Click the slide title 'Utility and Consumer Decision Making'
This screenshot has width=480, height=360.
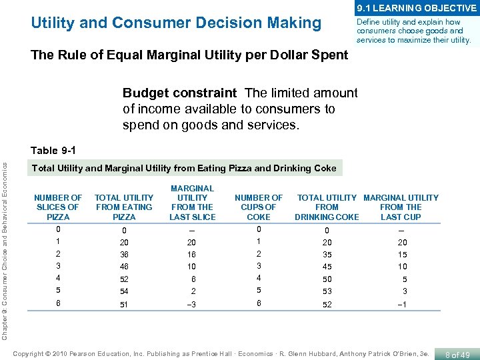click(176, 23)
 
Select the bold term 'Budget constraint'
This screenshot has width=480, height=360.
click(179, 93)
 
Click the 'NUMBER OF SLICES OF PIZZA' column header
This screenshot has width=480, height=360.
click(58, 207)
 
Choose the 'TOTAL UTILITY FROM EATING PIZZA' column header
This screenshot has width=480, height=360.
click(124, 207)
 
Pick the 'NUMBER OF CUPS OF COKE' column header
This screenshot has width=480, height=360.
click(259, 207)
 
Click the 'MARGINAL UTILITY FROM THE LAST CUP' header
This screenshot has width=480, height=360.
click(401, 207)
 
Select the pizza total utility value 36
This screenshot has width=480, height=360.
click(124, 255)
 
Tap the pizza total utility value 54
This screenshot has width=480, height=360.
click(124, 291)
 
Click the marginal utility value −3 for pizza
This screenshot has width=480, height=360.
click(192, 305)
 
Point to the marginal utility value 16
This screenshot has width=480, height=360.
click(192, 255)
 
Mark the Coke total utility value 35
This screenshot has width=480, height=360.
click(327, 255)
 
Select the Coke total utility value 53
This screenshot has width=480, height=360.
click(327, 291)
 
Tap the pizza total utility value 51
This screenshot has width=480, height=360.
click(124, 305)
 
